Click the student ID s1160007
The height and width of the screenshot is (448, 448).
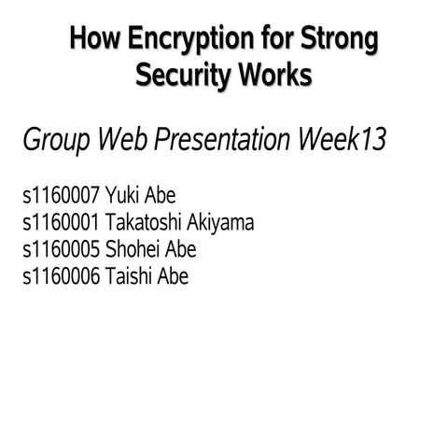(61, 196)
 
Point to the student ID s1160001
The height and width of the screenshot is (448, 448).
(61, 223)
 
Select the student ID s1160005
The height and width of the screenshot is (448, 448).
(61, 250)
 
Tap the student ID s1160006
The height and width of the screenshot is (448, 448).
(61, 277)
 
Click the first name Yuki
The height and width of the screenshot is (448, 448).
(124, 196)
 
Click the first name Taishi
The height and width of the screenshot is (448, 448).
(130, 277)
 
